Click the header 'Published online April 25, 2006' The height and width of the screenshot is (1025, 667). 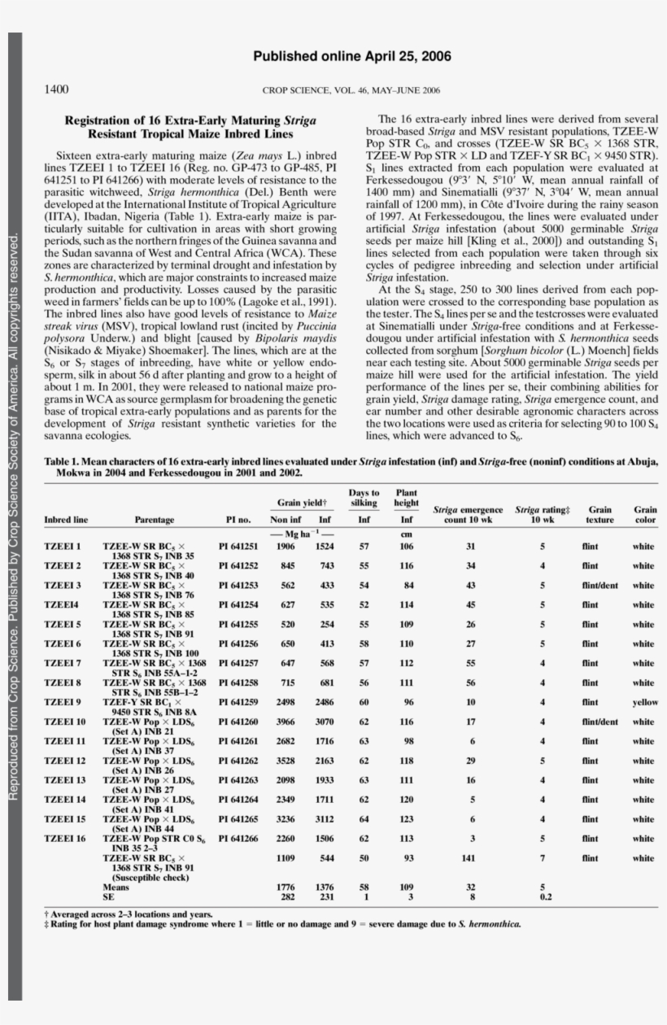(352, 56)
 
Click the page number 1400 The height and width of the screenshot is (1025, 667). (56, 89)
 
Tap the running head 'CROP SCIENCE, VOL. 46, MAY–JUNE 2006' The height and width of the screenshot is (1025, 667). (351, 90)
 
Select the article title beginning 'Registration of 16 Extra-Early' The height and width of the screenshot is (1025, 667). (190, 126)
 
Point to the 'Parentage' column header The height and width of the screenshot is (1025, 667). (155, 520)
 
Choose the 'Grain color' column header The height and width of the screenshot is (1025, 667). (645, 515)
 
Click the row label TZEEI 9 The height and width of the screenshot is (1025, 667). (63, 702)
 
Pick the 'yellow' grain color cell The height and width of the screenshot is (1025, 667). (645, 702)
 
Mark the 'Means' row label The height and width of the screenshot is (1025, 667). (116, 886)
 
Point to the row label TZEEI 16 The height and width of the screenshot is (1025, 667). (64, 839)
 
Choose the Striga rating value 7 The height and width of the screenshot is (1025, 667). (542, 858)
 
